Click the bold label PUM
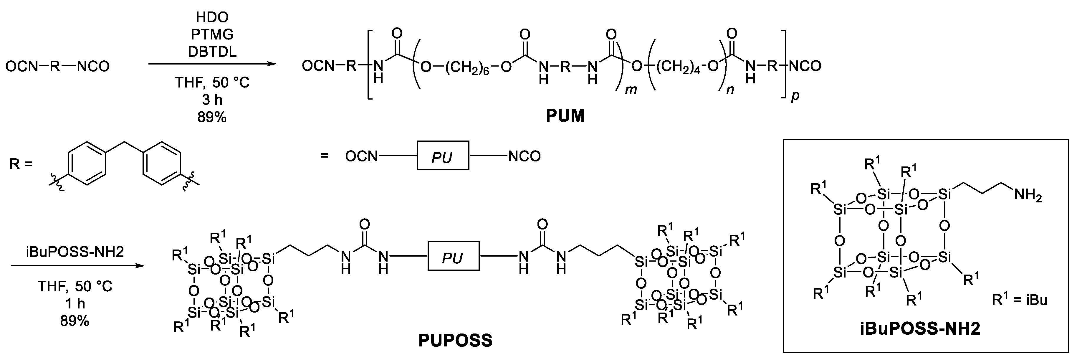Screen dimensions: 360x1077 click(x=565, y=116)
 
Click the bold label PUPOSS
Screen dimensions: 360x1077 click(x=455, y=340)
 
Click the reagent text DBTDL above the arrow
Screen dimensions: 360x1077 click(x=212, y=52)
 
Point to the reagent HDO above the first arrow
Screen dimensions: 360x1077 click(x=212, y=17)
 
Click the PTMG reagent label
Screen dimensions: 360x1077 click(x=212, y=34)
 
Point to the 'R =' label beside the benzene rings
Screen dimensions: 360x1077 click(x=21, y=164)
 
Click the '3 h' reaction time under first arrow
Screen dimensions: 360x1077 click(x=212, y=100)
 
